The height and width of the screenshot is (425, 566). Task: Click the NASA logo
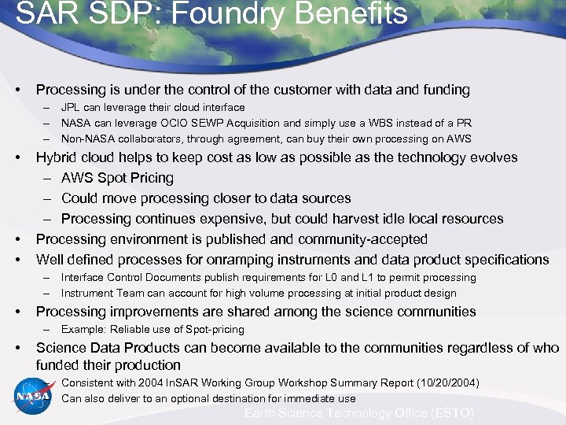point(32,397)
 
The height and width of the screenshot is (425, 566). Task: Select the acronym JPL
point(72,107)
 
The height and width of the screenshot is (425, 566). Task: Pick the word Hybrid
point(58,157)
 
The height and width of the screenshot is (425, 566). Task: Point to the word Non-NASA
point(89,139)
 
